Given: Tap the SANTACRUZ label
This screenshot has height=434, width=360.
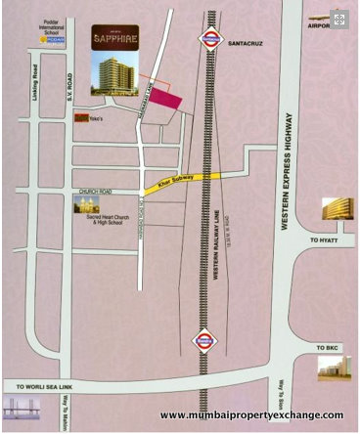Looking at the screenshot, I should [246, 44].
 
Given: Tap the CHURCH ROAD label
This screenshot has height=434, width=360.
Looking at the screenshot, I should [97, 191].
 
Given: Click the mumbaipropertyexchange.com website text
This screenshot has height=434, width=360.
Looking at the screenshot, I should [250, 415].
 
